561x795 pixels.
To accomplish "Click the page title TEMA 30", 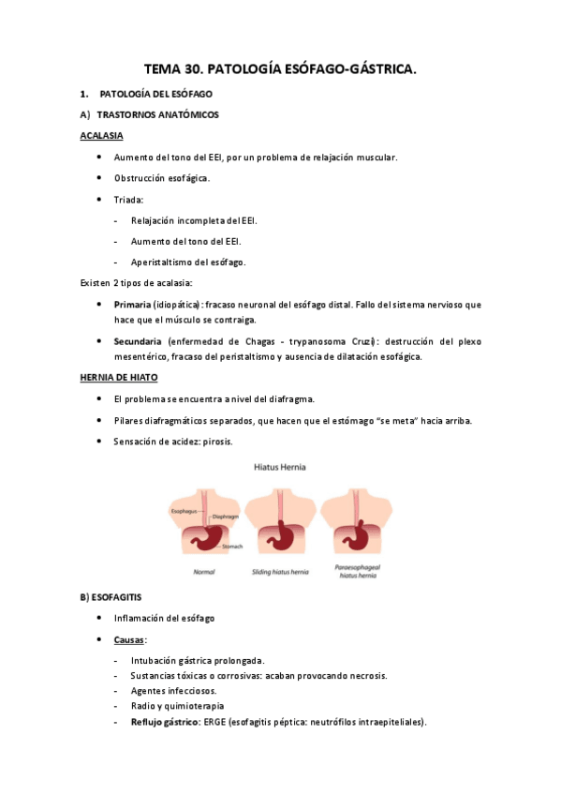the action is pos(280,68).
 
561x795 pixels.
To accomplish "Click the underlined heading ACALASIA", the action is pos(102,136).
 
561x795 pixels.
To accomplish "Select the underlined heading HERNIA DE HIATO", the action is pos(119,377).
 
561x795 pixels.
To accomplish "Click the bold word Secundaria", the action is pos(138,340).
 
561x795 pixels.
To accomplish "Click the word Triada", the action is pos(129,200).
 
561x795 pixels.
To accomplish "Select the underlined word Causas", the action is pos(129,639).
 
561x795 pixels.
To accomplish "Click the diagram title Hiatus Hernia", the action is pos(280,466).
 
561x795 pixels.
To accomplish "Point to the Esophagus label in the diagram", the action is pos(184,510).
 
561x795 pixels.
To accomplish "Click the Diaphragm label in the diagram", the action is pos(226,517).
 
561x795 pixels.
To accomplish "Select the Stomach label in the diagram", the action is pos(232,546).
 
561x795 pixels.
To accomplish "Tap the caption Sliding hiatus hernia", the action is pos(282,571).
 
